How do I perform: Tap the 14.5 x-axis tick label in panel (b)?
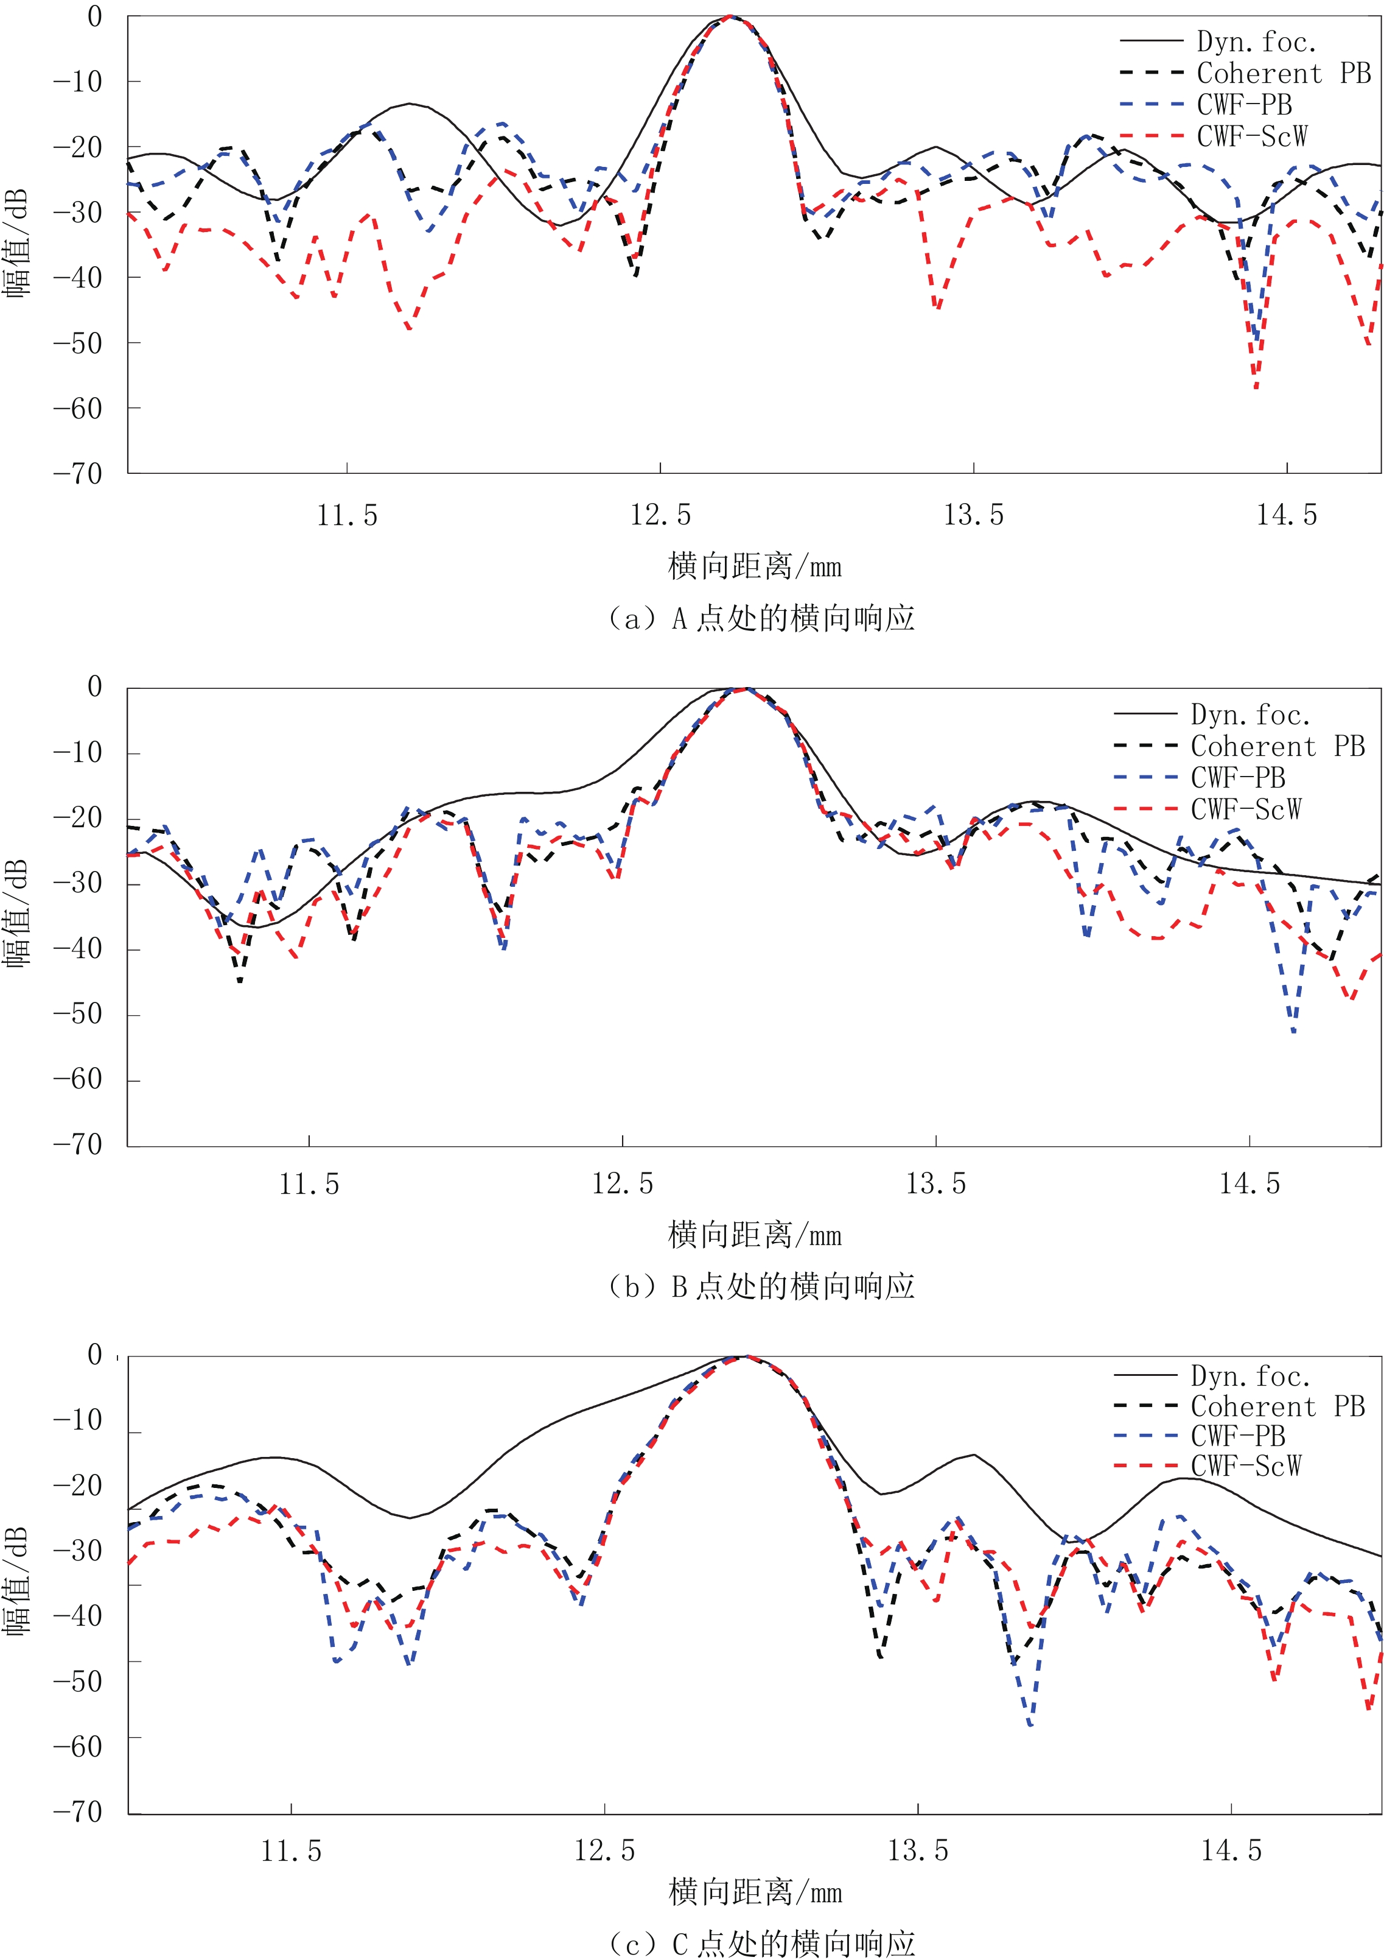[x=1249, y=1184]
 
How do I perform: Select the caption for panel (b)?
[x=760, y=1286]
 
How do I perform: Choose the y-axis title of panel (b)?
[x=17, y=914]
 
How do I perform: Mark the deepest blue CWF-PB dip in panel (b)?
[x=1293, y=1031]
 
